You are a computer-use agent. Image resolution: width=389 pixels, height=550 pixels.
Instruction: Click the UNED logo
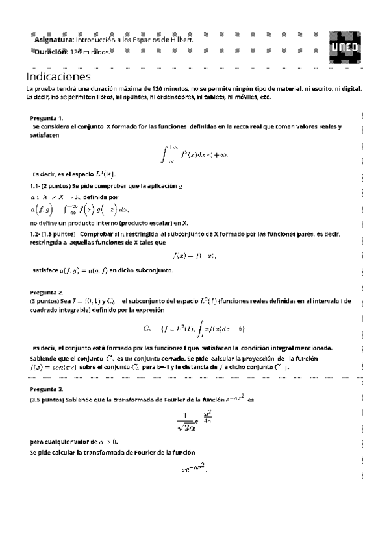[x=343, y=45]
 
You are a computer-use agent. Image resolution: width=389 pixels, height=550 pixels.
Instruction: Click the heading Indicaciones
[x=58, y=76]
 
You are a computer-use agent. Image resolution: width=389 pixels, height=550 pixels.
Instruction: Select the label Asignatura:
[x=54, y=40]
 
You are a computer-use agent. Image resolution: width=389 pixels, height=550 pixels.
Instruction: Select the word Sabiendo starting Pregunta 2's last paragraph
[x=45, y=358]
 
